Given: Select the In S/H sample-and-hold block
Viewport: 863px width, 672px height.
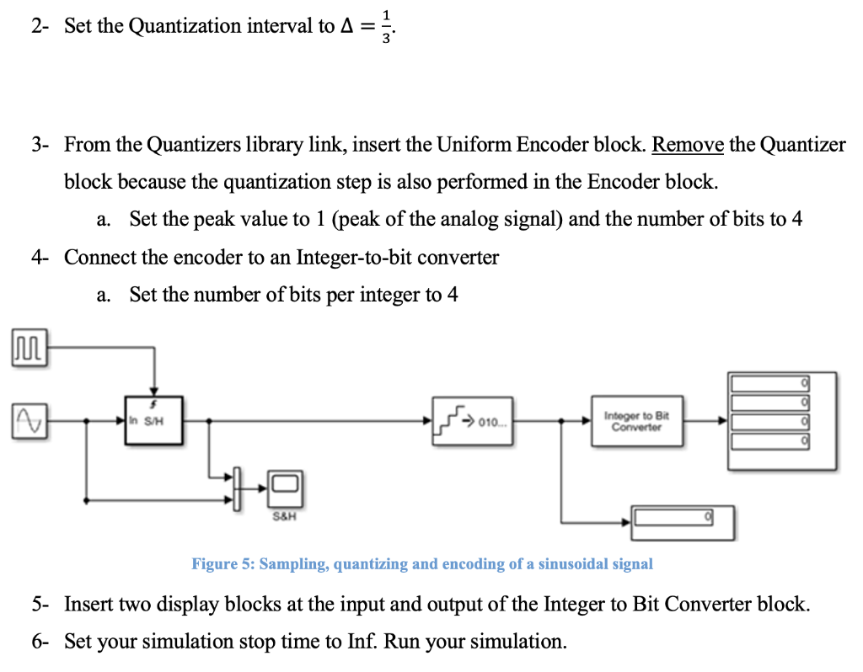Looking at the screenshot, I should coord(151,419).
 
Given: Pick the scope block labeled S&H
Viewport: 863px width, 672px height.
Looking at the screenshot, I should coord(285,487).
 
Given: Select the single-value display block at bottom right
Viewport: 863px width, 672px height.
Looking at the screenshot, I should coord(683,521).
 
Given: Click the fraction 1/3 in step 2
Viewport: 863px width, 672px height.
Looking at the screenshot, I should coord(386,26).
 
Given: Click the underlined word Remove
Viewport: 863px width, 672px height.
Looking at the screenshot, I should coord(688,145).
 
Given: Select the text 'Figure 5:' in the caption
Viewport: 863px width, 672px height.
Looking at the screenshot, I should coord(222,564).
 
